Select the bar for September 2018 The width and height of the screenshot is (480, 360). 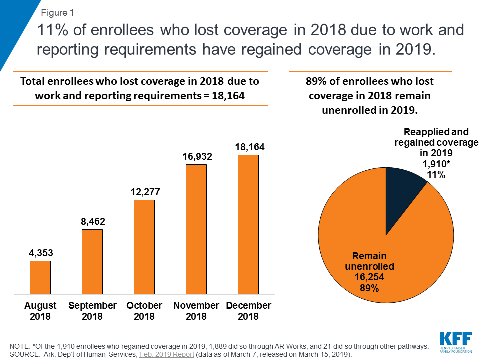pos(92,261)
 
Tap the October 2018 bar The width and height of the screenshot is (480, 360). pos(144,246)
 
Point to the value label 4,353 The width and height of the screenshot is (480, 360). pos(40,253)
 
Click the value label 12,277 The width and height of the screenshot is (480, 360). pos(144,192)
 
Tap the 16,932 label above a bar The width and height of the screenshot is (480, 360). pos(196,157)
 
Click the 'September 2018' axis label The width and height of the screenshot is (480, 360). pos(92,311)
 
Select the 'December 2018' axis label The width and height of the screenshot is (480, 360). pos(248,311)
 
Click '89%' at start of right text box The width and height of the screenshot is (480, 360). pos(316,81)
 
